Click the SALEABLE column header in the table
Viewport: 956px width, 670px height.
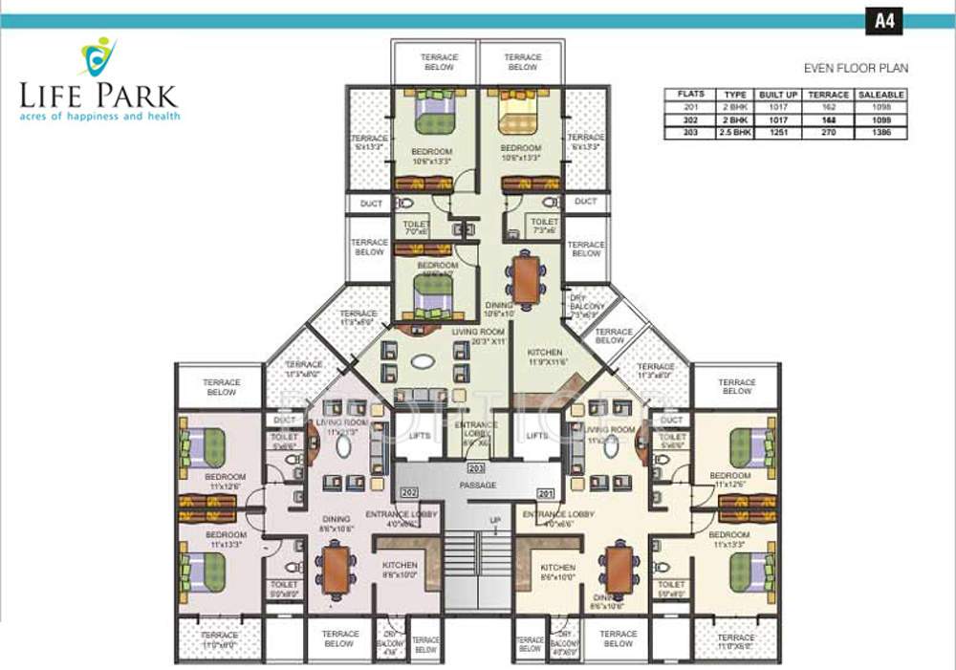click(880, 96)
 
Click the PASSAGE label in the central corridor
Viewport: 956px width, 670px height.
click(477, 486)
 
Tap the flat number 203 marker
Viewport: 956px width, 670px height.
click(476, 468)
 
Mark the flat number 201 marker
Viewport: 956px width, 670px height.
click(546, 493)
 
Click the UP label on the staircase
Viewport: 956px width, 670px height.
click(494, 520)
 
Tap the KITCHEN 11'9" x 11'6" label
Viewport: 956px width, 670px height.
click(545, 357)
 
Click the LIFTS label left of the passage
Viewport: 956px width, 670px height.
click(419, 436)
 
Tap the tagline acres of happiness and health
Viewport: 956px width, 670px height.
click(98, 116)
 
